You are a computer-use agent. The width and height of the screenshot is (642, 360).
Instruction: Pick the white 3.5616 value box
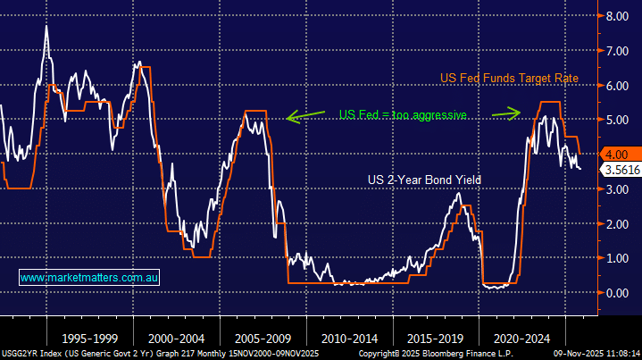coord(619,169)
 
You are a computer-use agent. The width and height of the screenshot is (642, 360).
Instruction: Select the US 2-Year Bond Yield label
coord(424,180)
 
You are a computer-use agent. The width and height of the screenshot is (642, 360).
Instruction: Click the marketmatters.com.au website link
coord(88,279)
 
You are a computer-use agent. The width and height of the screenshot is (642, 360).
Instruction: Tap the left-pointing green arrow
coord(305,115)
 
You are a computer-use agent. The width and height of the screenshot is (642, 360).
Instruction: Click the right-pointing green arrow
coord(508,113)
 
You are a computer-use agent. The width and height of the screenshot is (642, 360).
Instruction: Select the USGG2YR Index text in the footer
coord(27,354)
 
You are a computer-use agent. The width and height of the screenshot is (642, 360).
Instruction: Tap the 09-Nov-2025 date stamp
coord(572,354)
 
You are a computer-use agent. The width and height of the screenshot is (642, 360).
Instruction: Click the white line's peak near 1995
coord(46,27)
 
